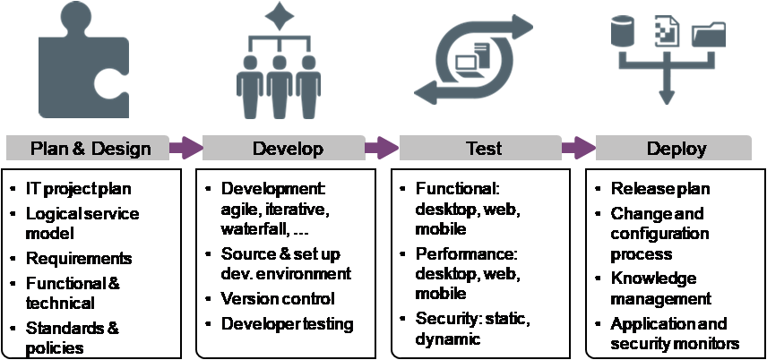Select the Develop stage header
288,148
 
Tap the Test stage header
484,148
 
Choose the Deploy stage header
677,148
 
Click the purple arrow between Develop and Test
382,147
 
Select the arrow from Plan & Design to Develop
185,147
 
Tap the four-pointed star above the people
282,17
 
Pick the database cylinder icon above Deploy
622,32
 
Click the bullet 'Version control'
278,298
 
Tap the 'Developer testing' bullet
287,323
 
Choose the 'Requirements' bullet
79,258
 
